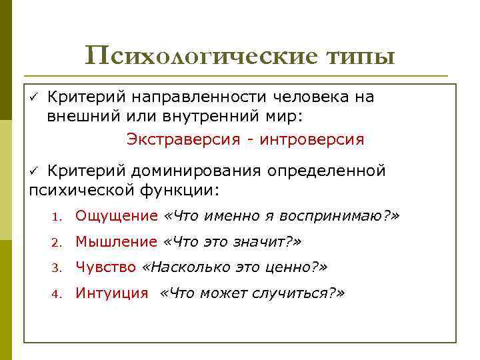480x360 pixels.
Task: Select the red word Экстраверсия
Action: [175, 140]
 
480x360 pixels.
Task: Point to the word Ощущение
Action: [116, 216]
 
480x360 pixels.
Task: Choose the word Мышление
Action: [116, 241]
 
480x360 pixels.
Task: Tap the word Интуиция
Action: [111, 293]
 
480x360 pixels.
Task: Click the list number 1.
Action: [59, 217]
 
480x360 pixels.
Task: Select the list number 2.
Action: [59, 243]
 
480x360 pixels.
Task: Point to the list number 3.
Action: [59, 268]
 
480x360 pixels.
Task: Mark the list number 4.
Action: [59, 294]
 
